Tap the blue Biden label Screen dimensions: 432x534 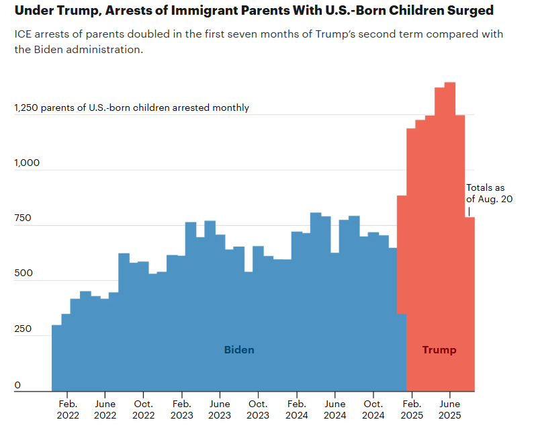coord(239,350)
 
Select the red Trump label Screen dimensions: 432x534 coord(439,350)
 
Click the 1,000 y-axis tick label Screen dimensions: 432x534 coord(27,163)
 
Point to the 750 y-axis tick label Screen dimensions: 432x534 coord(23,219)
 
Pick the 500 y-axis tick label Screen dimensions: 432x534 coord(23,275)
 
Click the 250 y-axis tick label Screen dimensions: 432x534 coord(23,330)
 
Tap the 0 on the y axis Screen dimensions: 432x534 coord(17,386)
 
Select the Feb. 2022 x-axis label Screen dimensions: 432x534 coord(68,409)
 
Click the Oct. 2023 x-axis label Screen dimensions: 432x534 coord(258,409)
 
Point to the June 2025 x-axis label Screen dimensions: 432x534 coord(449,409)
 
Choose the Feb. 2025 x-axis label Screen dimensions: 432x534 coord(411,409)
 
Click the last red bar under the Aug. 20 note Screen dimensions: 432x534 coord(470,302)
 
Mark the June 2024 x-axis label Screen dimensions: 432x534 coord(335,409)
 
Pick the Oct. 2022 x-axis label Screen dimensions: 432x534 coord(143,409)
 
